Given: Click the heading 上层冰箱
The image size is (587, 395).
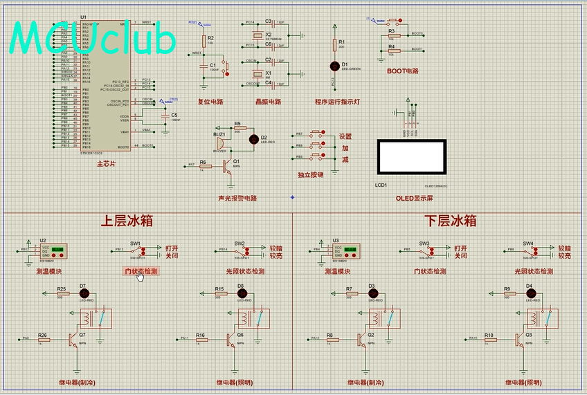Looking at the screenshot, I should click(x=127, y=221).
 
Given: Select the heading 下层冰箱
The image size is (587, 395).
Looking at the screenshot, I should click(x=450, y=221).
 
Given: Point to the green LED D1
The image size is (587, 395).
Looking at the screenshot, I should click(x=336, y=65).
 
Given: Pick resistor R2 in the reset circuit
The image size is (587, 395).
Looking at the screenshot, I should click(x=204, y=40).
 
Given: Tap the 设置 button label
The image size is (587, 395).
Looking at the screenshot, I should click(x=345, y=136).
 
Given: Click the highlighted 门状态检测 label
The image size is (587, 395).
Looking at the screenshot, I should click(x=141, y=271).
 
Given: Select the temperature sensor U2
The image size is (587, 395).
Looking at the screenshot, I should click(x=53, y=250).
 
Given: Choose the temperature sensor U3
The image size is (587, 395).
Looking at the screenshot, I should click(x=343, y=250).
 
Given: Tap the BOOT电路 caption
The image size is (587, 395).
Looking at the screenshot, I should click(x=402, y=71).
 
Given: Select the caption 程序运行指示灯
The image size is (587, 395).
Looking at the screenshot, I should click(x=337, y=102).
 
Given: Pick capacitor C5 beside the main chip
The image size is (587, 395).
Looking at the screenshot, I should click(x=165, y=118).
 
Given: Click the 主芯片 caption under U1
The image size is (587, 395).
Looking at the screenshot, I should click(x=106, y=164).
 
